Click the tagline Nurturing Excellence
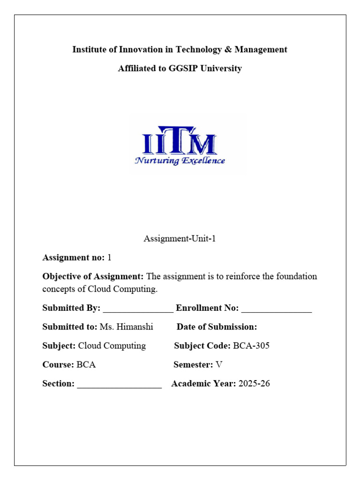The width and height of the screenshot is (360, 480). point(180,161)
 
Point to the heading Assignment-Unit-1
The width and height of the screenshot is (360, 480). point(180,239)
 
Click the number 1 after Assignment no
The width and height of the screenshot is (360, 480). point(109,257)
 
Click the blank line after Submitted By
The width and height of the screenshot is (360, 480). point(138,309)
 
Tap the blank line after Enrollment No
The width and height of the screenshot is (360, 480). point(277,309)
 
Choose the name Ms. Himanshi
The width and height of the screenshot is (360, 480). point(127,327)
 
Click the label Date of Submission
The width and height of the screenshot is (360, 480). point(217,327)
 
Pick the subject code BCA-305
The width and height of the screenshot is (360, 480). point(251,346)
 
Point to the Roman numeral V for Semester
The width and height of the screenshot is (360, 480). point(218,365)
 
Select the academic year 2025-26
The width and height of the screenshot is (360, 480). point(254,384)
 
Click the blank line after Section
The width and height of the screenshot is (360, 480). point(119,385)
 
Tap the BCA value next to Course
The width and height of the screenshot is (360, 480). point(86,365)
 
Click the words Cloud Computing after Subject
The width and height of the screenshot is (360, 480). point(112,346)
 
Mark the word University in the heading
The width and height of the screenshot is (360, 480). point(222,68)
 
